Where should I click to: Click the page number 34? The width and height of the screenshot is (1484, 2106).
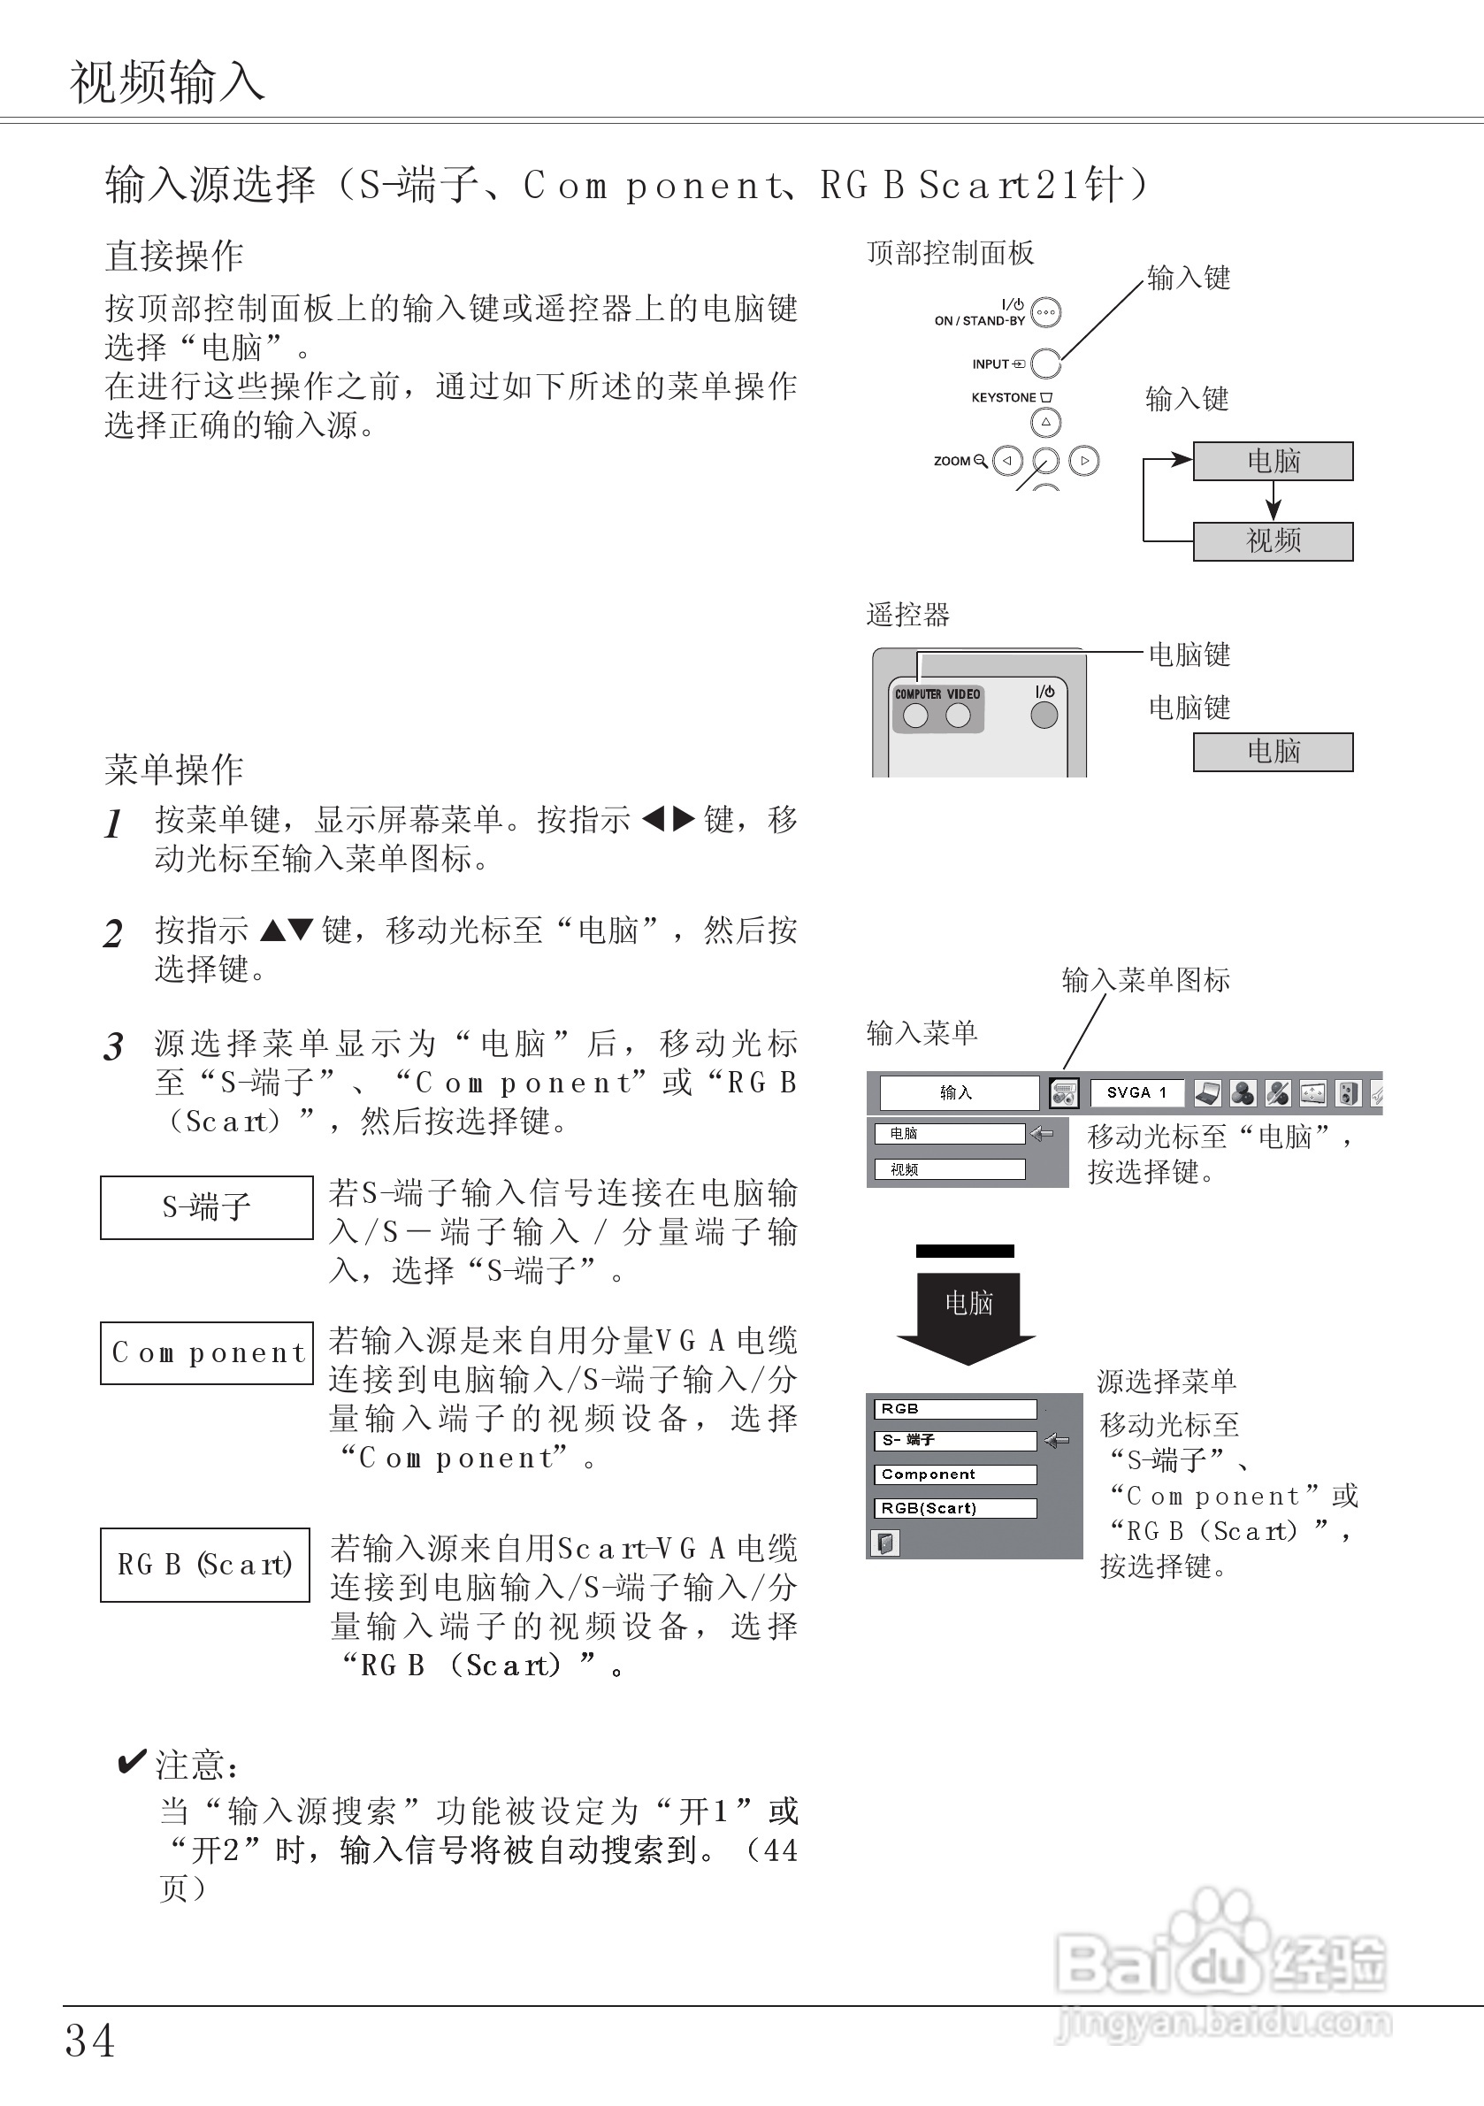point(90,2041)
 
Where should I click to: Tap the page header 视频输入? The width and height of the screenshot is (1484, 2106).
point(168,80)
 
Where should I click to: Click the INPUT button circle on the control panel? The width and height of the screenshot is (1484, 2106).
point(1045,364)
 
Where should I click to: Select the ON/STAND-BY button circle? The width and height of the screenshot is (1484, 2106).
point(1045,313)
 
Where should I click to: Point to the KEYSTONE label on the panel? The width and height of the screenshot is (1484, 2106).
point(1004,397)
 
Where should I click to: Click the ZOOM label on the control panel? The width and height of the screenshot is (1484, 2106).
point(952,461)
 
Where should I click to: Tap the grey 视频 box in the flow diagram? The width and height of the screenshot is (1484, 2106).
point(1273,541)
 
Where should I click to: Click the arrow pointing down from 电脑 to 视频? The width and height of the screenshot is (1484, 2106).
point(1273,501)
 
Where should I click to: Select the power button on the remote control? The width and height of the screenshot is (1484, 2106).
point(1044,715)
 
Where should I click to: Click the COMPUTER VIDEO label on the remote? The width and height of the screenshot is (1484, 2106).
point(937,694)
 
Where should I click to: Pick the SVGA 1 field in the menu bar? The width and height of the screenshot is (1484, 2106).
point(1136,1092)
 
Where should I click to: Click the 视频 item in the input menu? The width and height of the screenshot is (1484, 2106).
point(949,1169)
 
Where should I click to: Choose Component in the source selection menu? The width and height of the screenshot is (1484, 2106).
point(955,1474)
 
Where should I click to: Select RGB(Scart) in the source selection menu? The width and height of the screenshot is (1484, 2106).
point(955,1508)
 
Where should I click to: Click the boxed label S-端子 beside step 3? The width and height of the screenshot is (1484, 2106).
point(206,1207)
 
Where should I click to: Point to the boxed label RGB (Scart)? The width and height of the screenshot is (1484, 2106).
point(204,1564)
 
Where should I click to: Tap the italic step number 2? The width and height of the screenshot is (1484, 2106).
point(113,935)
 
